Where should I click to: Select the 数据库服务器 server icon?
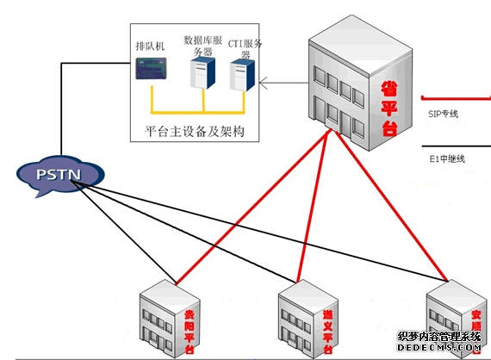click(203, 75)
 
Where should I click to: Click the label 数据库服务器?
click(204, 46)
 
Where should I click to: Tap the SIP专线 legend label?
click(444, 113)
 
